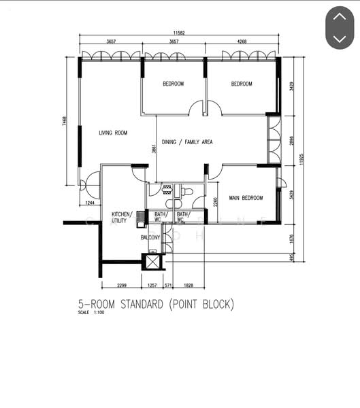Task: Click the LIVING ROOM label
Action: click(112, 133)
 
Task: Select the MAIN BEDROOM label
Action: click(246, 198)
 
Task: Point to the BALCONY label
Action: click(150, 237)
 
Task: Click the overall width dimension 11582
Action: click(179, 32)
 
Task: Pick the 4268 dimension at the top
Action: click(242, 42)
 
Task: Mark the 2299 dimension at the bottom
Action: click(122, 286)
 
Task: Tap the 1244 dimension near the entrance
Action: click(90, 203)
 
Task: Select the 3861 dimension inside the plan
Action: click(154, 150)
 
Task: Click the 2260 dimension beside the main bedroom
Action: click(215, 202)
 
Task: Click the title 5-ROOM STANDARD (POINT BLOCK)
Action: click(156, 305)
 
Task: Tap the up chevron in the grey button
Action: click(339, 17)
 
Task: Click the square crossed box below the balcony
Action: click(152, 261)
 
